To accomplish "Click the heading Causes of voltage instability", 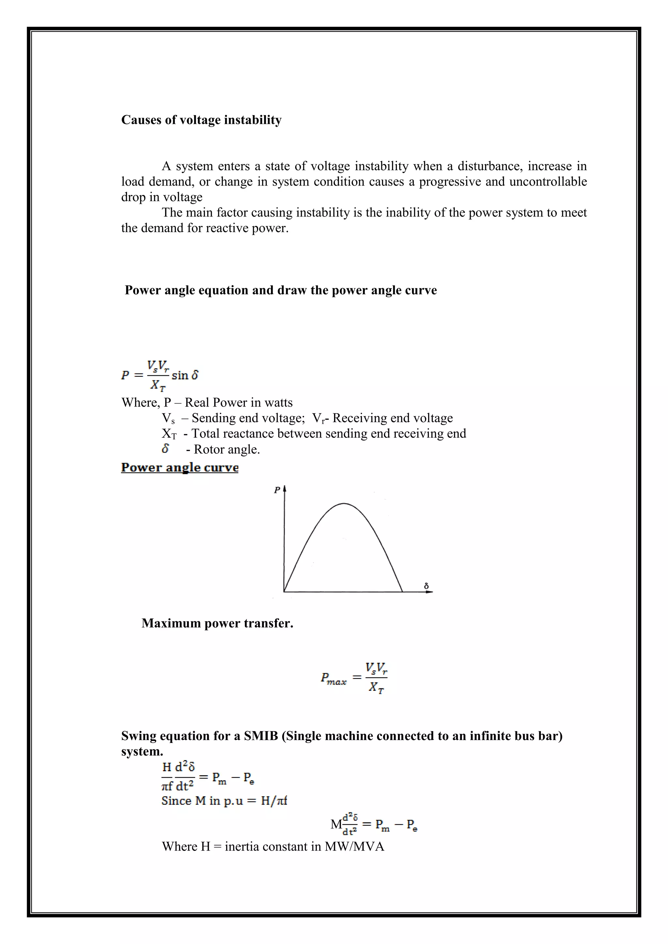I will [x=201, y=120].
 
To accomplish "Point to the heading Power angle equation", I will [x=280, y=290].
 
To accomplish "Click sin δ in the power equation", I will [x=185, y=375].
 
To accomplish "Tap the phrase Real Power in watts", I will [x=238, y=402].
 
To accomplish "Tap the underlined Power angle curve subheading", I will [x=180, y=467].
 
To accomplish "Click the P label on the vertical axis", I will [x=277, y=490].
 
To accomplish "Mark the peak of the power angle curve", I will [x=344, y=504].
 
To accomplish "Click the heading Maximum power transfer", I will [x=217, y=623].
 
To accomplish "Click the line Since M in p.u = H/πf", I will [x=224, y=801].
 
